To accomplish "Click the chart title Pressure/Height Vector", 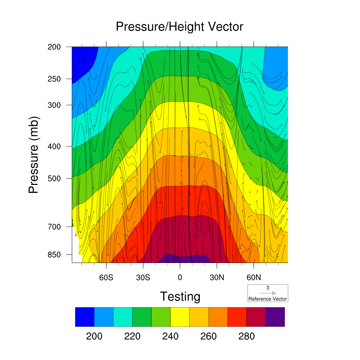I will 180,27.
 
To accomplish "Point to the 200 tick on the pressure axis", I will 54,47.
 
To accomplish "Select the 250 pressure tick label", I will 54,79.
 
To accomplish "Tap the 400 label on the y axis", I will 54,146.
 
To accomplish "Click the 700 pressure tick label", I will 54,227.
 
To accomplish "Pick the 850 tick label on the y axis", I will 54,255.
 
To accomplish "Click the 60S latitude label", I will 106,278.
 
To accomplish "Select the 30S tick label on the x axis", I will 143,278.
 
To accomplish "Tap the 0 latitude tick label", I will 180,278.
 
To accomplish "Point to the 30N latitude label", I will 217,278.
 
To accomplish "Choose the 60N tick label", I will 254,278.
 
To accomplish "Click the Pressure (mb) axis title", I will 34,155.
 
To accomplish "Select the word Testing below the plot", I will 180,297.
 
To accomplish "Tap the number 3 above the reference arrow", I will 268,288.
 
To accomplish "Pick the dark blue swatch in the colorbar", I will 85,317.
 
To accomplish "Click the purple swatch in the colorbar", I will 275,317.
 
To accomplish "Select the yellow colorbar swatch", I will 180,317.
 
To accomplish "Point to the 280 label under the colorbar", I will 246,336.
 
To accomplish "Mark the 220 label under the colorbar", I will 132,336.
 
